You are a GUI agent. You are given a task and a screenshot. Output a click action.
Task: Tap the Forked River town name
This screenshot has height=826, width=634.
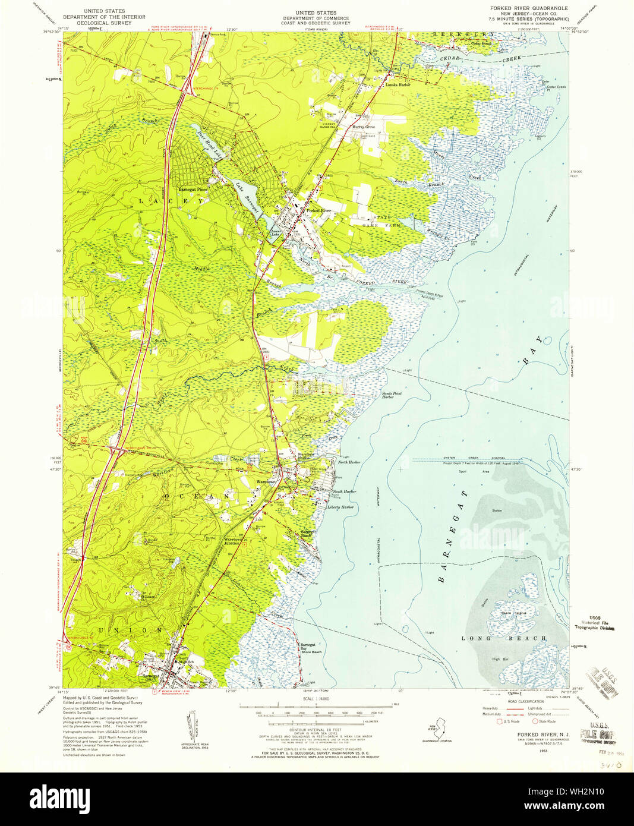click(318, 210)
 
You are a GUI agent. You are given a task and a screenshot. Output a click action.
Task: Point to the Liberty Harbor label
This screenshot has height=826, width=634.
click(340, 507)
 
